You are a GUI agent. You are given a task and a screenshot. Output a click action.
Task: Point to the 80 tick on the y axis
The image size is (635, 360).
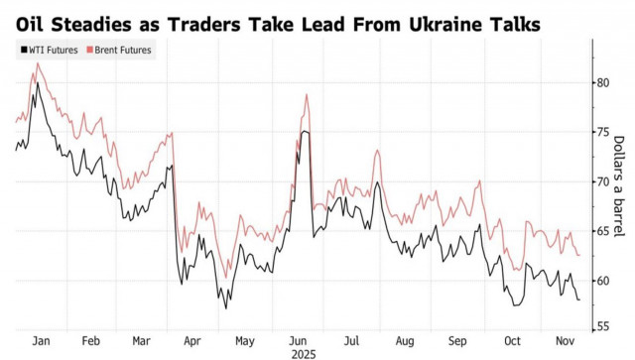click(603, 82)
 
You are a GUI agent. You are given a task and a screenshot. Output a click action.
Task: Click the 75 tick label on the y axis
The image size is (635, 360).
click(603, 132)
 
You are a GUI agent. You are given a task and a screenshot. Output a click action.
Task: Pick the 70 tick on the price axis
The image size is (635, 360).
click(603, 181)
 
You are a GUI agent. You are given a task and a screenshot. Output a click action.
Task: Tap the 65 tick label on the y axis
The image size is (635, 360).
click(603, 231)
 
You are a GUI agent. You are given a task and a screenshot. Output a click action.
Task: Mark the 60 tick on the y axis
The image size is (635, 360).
click(603, 281)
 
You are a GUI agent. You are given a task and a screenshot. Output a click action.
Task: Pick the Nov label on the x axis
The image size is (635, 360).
click(564, 339)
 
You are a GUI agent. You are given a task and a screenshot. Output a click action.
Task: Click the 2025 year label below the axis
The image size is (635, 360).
click(302, 352)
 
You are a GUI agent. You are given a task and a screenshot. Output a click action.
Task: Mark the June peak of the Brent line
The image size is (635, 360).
click(308, 95)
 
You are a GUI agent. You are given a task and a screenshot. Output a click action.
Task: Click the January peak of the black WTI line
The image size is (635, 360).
click(38, 83)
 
